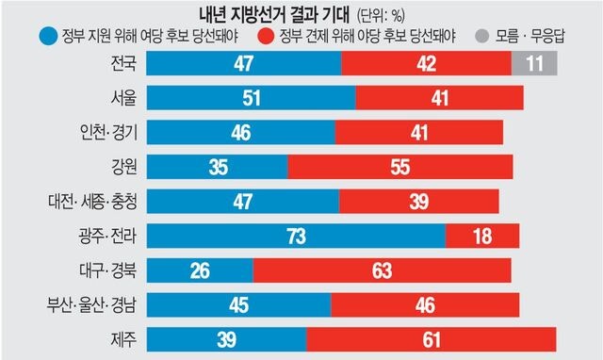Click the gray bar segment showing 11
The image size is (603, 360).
click(x=534, y=64)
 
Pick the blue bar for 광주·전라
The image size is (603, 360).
click(x=296, y=236)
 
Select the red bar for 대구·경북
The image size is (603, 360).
click(x=388, y=270)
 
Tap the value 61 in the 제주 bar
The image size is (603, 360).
click(x=432, y=339)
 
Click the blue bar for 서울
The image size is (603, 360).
click(x=252, y=99)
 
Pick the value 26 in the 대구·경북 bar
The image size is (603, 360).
click(x=200, y=270)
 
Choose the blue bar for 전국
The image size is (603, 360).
click(x=244, y=64)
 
